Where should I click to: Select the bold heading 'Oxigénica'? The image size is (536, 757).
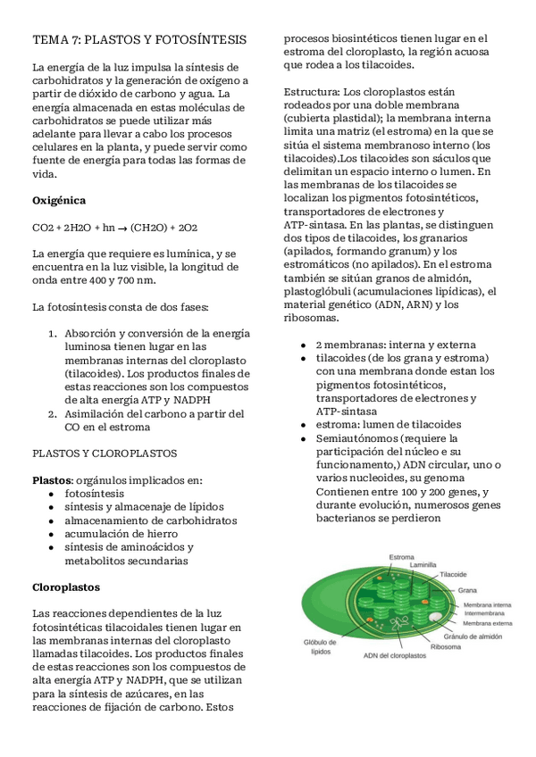(59, 201)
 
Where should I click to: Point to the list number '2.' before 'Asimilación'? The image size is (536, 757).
(53, 413)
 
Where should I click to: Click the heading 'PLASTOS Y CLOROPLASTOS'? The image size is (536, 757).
(105, 453)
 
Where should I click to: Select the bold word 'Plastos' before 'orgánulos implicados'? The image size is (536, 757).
(51, 480)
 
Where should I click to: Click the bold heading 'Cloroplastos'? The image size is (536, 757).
(66, 587)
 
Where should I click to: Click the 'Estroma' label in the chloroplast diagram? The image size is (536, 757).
(401, 557)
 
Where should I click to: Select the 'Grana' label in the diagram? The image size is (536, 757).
(466, 590)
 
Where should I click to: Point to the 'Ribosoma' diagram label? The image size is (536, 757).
(446, 647)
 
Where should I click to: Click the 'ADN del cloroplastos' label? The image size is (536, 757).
(395, 656)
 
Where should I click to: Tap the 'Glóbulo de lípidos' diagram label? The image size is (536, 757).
(320, 646)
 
